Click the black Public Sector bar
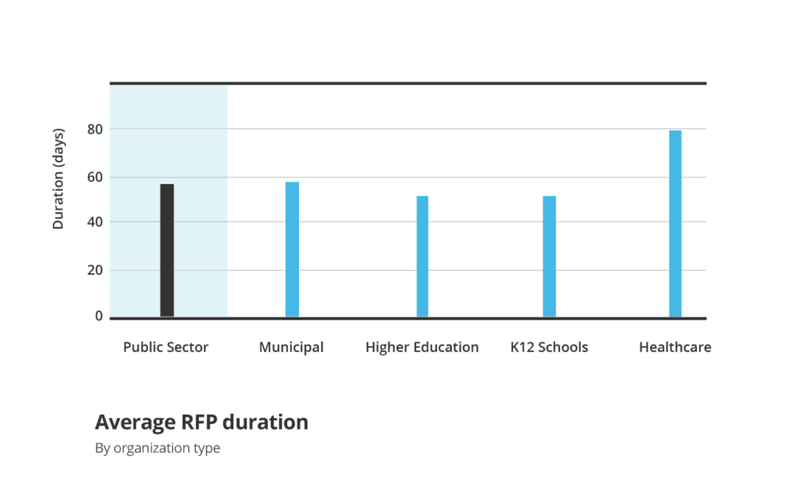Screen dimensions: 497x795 (x=167, y=250)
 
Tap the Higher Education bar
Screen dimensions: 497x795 (x=423, y=256)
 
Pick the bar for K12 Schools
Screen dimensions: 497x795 (x=549, y=256)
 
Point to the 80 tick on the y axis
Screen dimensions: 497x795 (x=94, y=130)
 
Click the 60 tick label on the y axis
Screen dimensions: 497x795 (x=94, y=177)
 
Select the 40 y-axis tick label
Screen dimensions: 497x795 (x=94, y=222)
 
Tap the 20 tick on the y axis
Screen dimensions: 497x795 (x=94, y=270)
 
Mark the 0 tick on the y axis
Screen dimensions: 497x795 (x=99, y=316)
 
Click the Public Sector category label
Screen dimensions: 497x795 (x=166, y=348)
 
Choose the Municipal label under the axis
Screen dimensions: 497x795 (x=291, y=348)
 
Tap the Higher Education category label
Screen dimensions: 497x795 (x=422, y=348)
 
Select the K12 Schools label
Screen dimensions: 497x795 (x=549, y=348)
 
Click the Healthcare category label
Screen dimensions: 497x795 (x=675, y=348)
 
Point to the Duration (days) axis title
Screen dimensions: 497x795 (x=59, y=179)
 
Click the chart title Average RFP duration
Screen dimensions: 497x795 (x=201, y=423)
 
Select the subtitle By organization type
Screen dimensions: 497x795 (x=158, y=448)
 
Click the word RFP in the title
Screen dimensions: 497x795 (x=199, y=423)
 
